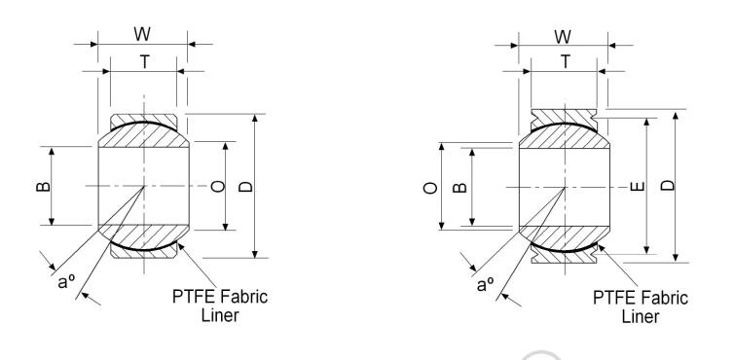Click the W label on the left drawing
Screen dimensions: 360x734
142,35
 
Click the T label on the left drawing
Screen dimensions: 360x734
143,60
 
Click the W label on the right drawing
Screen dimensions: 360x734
563,35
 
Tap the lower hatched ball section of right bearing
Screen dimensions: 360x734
565,235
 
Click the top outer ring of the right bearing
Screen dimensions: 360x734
565,113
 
